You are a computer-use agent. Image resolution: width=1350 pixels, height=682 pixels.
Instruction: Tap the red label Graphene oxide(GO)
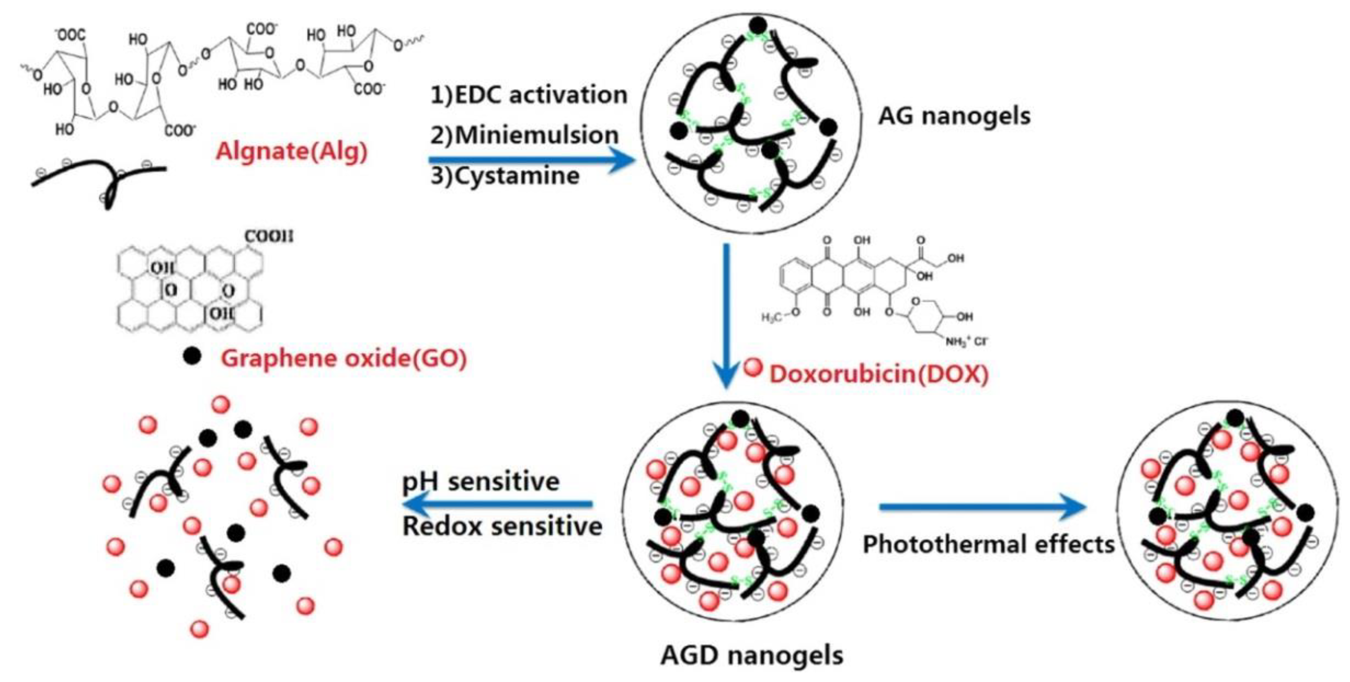click(x=343, y=359)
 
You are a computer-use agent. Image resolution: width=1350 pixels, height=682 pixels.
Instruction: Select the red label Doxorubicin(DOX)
click(x=878, y=374)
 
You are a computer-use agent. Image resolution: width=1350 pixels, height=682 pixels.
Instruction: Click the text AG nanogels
click(x=954, y=116)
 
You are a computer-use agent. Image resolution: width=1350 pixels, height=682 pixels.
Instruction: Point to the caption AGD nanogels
click(x=752, y=655)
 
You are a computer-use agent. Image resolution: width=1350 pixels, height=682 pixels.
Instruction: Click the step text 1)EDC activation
click(x=529, y=95)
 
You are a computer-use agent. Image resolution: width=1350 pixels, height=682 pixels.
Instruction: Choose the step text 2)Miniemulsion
click(x=525, y=135)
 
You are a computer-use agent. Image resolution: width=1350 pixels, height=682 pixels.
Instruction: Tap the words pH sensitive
click(x=480, y=481)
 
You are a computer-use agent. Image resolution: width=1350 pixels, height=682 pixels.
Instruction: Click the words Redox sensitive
click(x=502, y=526)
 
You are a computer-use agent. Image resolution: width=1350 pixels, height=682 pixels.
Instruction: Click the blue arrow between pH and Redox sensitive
click(x=498, y=504)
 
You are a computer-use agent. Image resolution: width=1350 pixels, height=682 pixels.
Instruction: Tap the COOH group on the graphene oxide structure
click(x=269, y=237)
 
